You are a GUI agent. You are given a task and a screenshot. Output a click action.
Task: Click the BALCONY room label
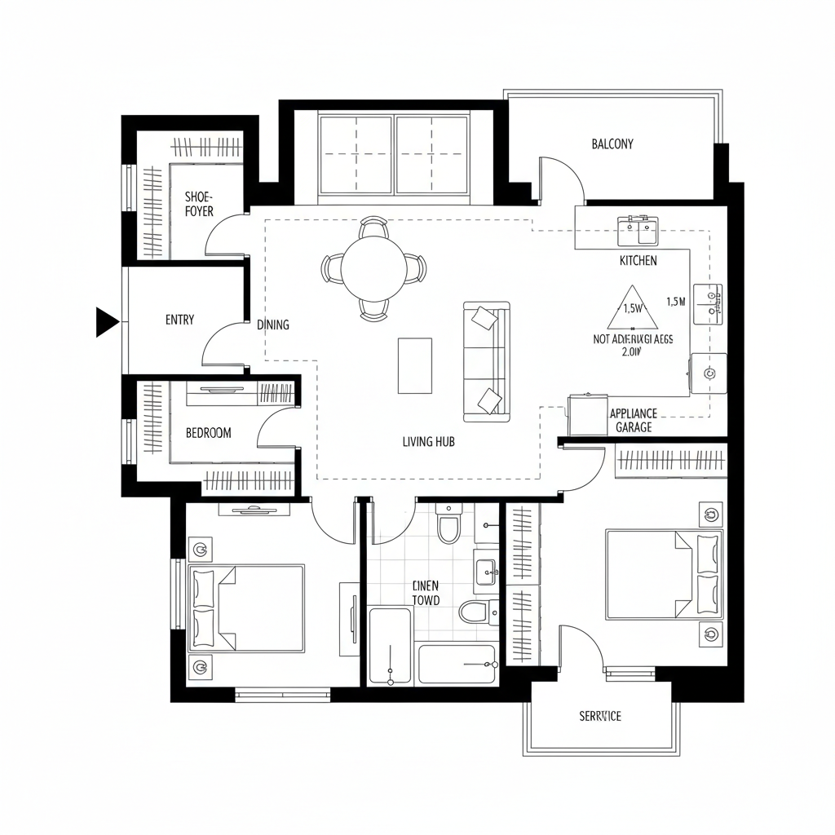pos(612,144)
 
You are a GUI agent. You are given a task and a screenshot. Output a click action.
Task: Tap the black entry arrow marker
pos(106,320)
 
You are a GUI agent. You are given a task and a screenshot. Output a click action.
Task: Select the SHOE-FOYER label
pos(198,204)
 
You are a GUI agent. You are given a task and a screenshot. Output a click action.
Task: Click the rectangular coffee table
pos(415,365)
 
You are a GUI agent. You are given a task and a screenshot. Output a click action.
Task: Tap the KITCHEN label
pos(638,261)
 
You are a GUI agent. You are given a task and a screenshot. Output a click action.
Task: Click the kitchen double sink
pos(638,230)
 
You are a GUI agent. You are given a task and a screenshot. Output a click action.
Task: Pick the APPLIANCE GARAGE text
pos(634,420)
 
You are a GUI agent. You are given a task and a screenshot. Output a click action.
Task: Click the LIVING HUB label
pos(428,442)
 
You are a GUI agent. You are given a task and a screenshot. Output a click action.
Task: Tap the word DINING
pos(273,325)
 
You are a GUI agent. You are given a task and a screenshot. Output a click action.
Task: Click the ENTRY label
pos(179,320)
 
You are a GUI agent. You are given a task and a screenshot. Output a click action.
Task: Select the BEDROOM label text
pos(208,433)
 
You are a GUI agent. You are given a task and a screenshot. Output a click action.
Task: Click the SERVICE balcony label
pos(600,716)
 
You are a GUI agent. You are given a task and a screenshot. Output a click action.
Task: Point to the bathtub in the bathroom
pos(457,665)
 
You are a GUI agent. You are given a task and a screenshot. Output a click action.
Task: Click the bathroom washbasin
pos(487,571)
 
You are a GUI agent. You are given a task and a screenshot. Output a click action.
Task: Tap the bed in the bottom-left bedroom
pos(247,607)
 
